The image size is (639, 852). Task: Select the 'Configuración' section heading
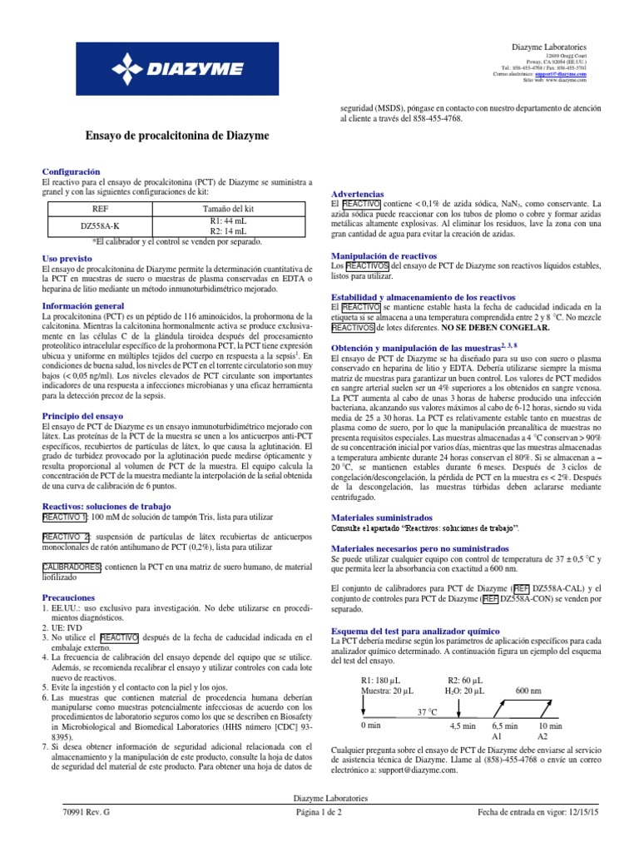pyautogui.click(x=77, y=171)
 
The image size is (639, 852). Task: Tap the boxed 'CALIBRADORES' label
pyautogui.click(x=72, y=567)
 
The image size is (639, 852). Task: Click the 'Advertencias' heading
pyautogui.click(x=358, y=192)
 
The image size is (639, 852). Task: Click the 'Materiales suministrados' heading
pyautogui.click(x=382, y=516)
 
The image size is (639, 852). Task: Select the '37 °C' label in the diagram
pyautogui.click(x=428, y=690)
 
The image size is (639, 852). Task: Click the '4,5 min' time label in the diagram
pyautogui.click(x=462, y=726)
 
